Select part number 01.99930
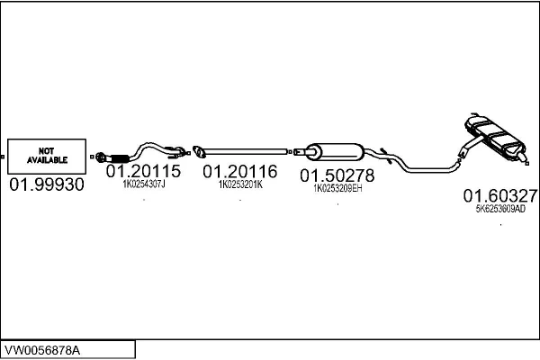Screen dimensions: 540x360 pyautogui.click(x=47, y=184)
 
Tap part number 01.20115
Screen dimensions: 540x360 pyautogui.click(x=143, y=171)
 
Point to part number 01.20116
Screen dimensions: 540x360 pyautogui.click(x=240, y=172)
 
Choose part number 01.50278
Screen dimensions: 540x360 pyautogui.click(x=337, y=175)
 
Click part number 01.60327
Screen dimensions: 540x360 pyautogui.click(x=500, y=196)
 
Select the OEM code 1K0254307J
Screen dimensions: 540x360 pyautogui.click(x=144, y=184)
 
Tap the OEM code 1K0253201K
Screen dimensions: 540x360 pyautogui.click(x=240, y=184)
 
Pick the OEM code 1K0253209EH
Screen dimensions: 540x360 pyautogui.click(x=337, y=188)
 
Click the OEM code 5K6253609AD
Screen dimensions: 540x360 pyautogui.click(x=500, y=209)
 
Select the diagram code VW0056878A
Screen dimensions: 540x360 pyautogui.click(x=42, y=350)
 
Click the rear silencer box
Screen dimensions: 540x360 pyautogui.click(x=495, y=137)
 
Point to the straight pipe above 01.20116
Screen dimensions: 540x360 pyautogui.click(x=245, y=151)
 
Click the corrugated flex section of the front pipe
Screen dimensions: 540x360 pyautogui.click(x=120, y=158)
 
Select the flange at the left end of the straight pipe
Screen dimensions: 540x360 pyautogui.click(x=199, y=151)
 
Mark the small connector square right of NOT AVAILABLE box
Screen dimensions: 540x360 pyautogui.click(x=92, y=157)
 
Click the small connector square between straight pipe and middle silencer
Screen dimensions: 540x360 pyautogui.click(x=291, y=151)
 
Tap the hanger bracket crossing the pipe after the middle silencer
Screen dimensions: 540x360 pyautogui.click(x=386, y=156)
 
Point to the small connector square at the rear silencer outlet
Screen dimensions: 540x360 pyautogui.click(x=526, y=164)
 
